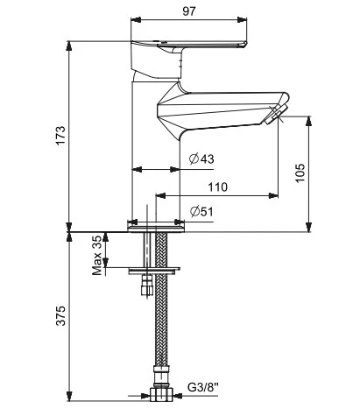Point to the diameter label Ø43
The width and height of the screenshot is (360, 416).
(x=202, y=159)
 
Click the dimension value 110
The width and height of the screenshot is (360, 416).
(x=217, y=187)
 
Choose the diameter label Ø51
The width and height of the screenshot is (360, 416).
(x=202, y=211)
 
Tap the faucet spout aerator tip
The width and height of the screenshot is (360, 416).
(x=278, y=115)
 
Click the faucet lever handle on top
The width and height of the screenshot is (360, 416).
(x=188, y=46)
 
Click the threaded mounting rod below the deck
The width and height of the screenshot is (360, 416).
(x=148, y=250)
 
